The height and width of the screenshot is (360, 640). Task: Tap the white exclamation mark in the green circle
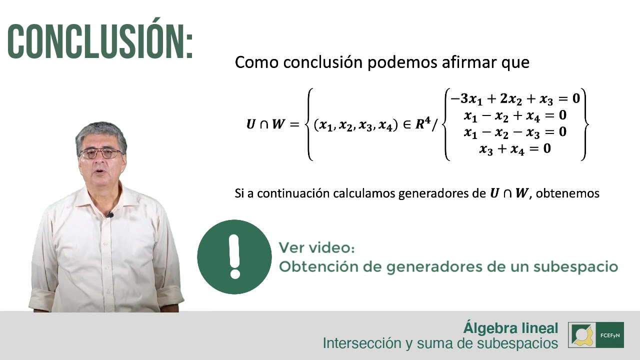point(234,256)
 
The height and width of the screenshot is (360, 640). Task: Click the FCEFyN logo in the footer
point(596,334)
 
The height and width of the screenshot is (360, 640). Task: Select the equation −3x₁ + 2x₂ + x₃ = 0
point(515,98)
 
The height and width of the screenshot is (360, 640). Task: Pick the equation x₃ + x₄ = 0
point(515,148)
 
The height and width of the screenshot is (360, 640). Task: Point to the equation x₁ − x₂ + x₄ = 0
point(515,115)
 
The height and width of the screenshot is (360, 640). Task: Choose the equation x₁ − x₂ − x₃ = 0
point(515,132)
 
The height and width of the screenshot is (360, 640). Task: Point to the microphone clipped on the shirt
point(110,215)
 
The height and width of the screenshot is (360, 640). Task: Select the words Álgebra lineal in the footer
point(510,328)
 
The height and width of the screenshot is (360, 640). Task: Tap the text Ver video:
point(316,247)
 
